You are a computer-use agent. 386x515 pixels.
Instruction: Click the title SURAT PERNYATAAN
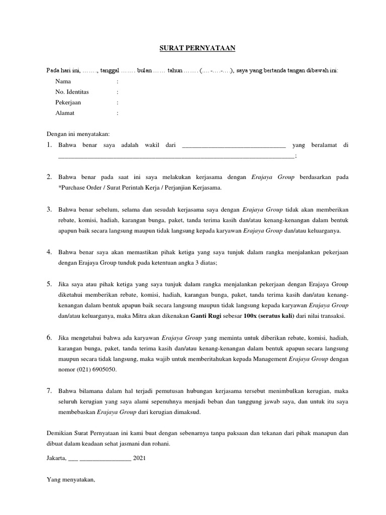[194, 48]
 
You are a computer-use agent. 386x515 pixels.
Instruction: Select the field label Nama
[63, 81]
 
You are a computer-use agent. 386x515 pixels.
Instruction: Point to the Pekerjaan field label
[68, 103]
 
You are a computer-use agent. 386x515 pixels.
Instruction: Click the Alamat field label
[65, 113]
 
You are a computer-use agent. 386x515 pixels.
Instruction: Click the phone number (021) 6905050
[98, 370]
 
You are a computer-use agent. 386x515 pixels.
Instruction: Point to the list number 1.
[49, 145]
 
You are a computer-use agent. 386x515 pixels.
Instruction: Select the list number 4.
[49, 251]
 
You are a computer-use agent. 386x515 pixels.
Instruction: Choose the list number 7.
[49, 390]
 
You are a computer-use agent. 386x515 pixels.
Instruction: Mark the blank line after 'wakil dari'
[233, 146]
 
